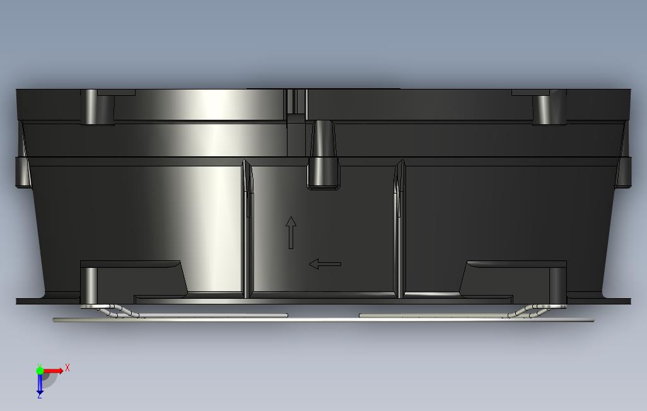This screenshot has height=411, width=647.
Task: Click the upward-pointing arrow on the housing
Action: click(291, 232)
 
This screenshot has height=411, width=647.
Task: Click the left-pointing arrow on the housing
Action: click(325, 264)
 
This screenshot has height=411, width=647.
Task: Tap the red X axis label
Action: click(67, 368)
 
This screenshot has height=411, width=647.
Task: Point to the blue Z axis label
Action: click(39, 395)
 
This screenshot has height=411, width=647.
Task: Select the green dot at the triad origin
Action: click(40, 371)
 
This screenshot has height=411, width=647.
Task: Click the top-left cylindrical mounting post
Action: click(91, 107)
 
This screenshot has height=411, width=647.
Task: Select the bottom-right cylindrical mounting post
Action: click(557, 285)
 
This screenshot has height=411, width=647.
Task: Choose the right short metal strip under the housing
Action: click(435, 315)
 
